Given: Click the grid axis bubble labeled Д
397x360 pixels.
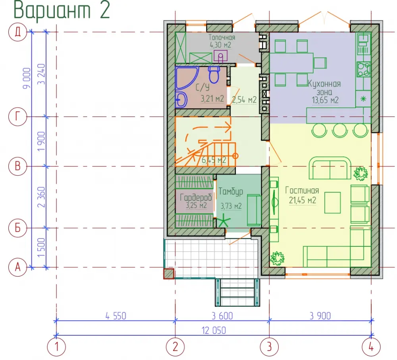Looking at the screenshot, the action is click(17, 32).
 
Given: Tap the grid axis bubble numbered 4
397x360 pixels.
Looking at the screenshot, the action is click(371, 347).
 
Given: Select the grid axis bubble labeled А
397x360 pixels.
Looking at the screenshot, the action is click(17, 267).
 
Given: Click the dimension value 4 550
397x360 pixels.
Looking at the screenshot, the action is click(116, 316).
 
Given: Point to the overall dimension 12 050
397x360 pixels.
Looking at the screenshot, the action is click(214, 330).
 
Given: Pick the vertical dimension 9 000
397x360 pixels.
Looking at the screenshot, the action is click(27, 78).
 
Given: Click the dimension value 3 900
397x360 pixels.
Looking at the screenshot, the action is click(320, 316).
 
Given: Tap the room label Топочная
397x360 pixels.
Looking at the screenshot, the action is click(222, 37).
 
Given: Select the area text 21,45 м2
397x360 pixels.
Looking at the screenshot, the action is click(303, 200).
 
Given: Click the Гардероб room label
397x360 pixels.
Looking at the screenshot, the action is click(196, 197).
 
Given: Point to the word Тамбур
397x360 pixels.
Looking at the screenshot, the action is click(231, 192).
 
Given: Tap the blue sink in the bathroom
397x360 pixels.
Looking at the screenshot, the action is click(181, 99).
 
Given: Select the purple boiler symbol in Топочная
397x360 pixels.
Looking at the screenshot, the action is click(220, 56).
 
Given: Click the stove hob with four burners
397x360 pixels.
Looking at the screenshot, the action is click(364, 69).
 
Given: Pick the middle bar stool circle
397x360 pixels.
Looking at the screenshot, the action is click(339, 130).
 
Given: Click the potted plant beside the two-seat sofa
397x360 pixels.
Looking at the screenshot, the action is click(360, 174).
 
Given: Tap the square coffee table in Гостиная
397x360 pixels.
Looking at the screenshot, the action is click(332, 203).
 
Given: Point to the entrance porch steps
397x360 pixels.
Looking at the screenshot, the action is click(237, 292).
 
